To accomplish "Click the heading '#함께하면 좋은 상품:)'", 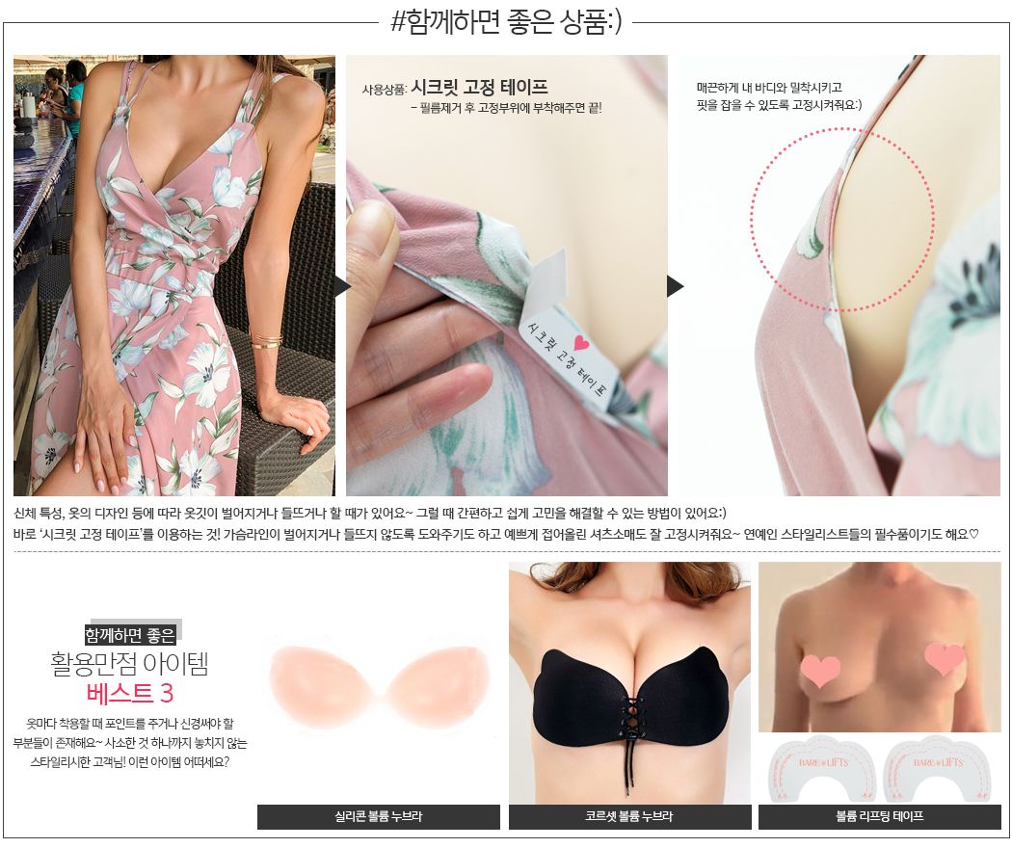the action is pos(506,22).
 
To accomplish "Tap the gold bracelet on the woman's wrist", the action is pos(266,341).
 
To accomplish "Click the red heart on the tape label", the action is pos(581,343).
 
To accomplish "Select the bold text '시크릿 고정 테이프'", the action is pos(480,87).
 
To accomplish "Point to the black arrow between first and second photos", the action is pos(342,286).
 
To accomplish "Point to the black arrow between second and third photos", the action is pos(675,286).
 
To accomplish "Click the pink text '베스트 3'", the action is pos(130,693).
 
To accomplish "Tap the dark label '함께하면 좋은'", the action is pos(130,635).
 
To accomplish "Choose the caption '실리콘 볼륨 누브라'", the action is pos(378,816).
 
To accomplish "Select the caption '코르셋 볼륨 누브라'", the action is pos(629,816).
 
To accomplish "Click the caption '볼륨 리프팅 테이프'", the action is pos(880,816).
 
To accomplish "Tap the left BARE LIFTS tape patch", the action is pos(820,768).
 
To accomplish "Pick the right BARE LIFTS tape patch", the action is pos(935,768).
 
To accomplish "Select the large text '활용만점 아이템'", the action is pos(130,663).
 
